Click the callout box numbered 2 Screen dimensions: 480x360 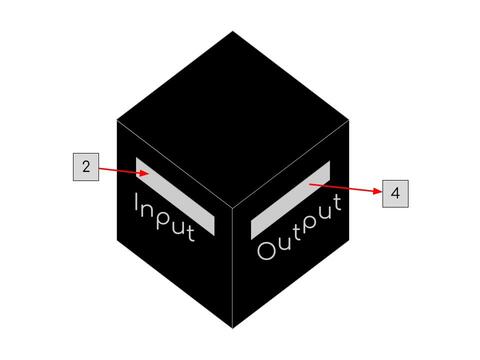tap(86, 167)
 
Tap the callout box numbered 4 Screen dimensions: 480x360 tap(395, 194)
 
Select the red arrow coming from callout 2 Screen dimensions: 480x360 tap(124, 171)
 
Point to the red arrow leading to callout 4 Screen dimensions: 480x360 tap(345, 188)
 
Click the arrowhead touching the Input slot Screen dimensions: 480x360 tap(144, 173)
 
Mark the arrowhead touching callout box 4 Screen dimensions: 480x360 tap(377, 191)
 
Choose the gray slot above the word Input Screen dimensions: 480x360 tap(175, 196)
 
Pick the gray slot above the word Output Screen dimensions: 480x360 tap(290, 200)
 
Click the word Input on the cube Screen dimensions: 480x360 tap(165, 217)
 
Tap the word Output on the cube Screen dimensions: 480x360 tap(299, 227)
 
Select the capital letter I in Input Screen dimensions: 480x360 tap(137, 202)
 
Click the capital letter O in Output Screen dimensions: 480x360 tap(267, 250)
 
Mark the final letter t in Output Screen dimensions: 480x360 tap(337, 203)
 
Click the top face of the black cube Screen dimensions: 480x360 tap(233, 119)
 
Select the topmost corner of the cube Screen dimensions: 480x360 tap(233, 31)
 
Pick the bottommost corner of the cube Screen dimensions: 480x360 tap(233, 329)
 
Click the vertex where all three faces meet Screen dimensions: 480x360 tap(233, 208)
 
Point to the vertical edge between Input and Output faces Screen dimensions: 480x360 tap(233, 268)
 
